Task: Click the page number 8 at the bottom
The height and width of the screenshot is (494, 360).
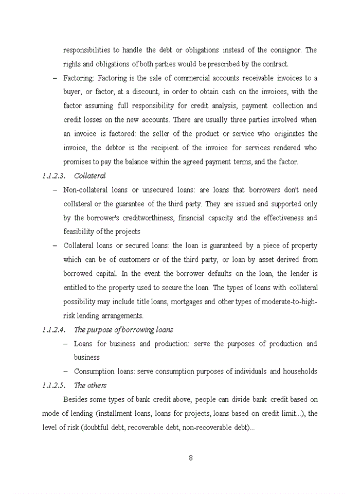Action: [x=190, y=458]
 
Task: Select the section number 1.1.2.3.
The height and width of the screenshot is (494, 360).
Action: [x=53, y=176]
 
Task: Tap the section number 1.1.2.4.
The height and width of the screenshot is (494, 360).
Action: [x=53, y=329]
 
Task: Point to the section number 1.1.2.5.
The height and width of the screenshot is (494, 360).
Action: [x=53, y=385]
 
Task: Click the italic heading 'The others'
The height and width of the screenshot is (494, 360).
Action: [x=90, y=385]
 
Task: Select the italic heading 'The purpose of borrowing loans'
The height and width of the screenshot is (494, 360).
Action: [x=123, y=329]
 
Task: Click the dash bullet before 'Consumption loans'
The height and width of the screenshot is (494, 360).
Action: [x=66, y=371]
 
